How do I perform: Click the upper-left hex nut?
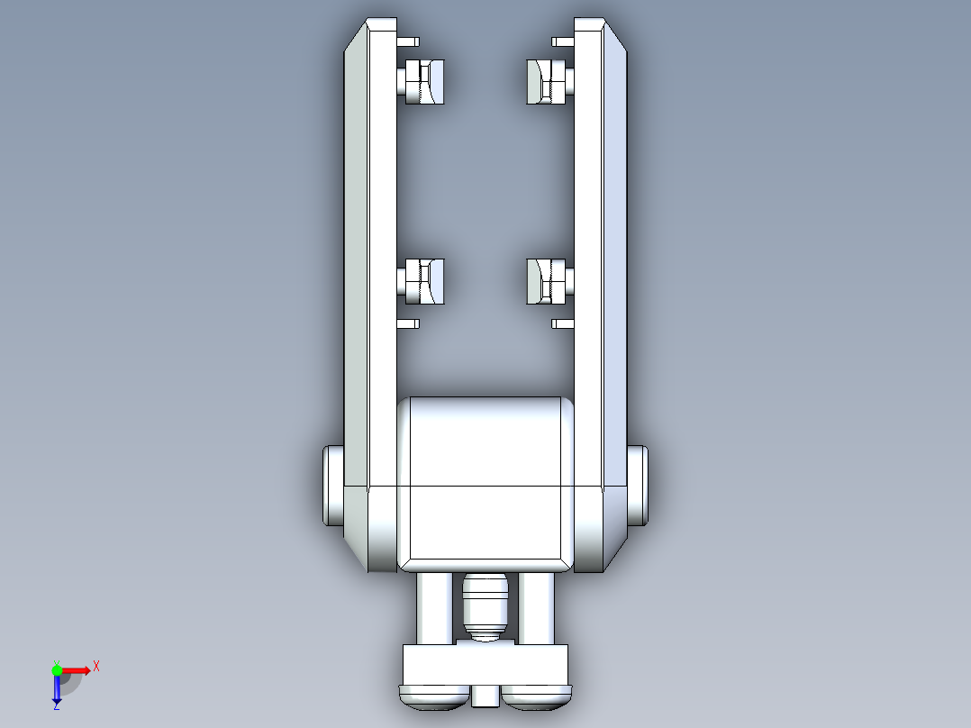(423, 81)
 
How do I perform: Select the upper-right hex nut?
(547, 81)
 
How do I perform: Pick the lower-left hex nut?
(423, 281)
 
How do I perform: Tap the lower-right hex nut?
(547, 281)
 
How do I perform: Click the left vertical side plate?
(369, 270)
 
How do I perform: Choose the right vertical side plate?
(602, 270)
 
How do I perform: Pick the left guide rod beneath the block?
(433, 608)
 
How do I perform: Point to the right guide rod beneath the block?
(538, 608)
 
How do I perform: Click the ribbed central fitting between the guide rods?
(485, 604)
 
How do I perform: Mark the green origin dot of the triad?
(57, 669)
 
